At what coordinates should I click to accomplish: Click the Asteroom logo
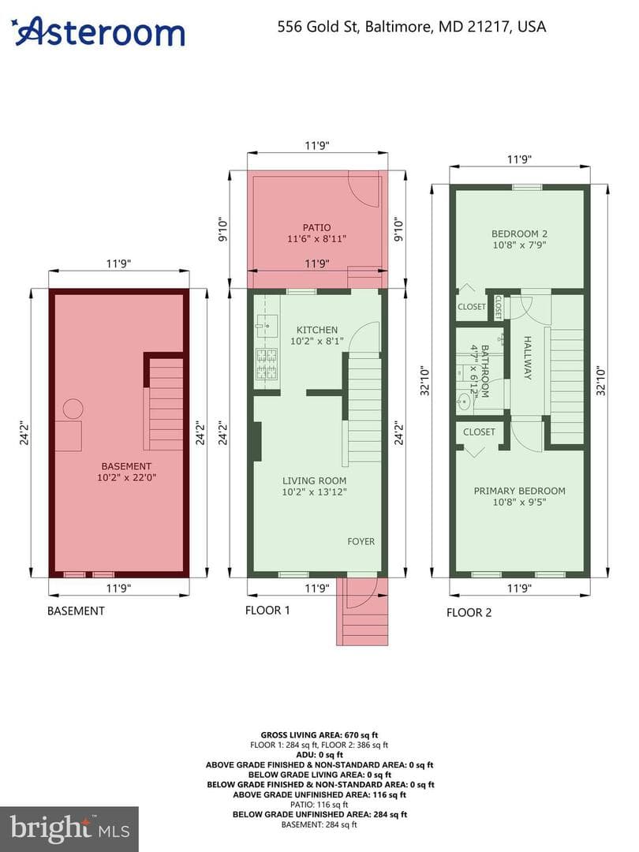pos(99,32)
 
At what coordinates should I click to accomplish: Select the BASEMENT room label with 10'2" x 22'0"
pos(126,472)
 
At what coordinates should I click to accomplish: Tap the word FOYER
pos(361,541)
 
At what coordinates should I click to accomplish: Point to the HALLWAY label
pos(527,357)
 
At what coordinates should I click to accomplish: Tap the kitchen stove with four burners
pos(267,364)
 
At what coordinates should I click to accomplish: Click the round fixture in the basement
pos(73,409)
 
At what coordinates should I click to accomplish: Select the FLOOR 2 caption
pos(469,612)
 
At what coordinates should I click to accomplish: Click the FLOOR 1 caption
pos(267,610)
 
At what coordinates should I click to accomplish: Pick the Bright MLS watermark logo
pos(69,829)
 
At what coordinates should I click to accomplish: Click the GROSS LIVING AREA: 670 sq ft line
pos(319,735)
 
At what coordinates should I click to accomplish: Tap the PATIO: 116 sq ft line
pos(319,805)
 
